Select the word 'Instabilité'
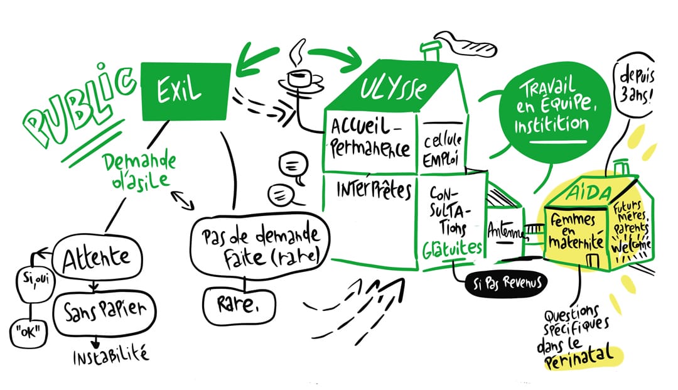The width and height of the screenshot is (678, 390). (111, 356)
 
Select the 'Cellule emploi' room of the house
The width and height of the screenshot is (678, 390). (446, 147)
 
